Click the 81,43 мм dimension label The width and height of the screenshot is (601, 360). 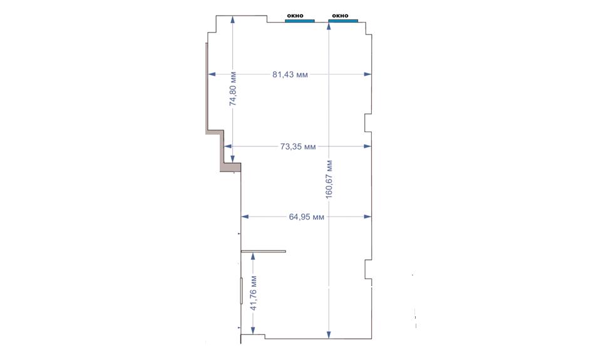[290, 75]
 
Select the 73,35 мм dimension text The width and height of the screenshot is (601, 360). [298, 147]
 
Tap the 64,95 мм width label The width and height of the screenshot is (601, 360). [306, 217]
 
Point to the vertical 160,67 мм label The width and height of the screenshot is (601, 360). [329, 179]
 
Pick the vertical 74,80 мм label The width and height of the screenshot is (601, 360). [233, 88]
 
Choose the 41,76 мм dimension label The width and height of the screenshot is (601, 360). [254, 293]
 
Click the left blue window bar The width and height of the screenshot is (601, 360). [300, 21]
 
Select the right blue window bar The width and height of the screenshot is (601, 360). [343, 21]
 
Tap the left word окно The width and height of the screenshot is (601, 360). [295, 16]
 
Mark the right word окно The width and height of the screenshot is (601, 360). [340, 16]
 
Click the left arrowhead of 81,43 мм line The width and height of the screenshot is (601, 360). [212, 74]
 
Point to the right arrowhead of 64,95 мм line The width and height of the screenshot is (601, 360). [367, 217]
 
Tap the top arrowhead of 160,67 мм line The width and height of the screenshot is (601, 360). [329, 26]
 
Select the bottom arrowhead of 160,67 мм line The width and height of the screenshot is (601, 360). [329, 335]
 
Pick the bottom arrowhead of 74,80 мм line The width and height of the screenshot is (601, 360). [233, 158]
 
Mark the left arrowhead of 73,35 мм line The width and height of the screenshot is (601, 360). [228, 146]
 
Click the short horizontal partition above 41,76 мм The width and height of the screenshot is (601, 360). [264, 252]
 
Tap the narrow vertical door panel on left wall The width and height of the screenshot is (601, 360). [242, 291]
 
